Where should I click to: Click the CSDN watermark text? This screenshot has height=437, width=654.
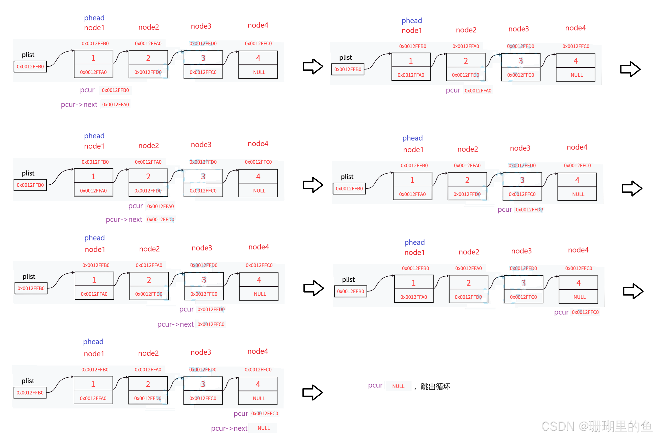point(596,426)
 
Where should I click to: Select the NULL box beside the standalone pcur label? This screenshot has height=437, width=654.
point(398,386)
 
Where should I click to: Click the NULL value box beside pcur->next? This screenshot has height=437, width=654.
point(263,428)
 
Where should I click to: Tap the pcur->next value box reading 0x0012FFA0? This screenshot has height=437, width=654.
point(116,105)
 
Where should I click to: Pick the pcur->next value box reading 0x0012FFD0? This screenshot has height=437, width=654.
point(161,220)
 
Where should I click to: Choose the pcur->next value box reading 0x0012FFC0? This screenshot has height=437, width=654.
point(211,324)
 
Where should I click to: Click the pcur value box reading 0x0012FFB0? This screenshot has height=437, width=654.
point(115,90)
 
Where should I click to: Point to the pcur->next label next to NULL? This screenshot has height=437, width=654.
point(229,428)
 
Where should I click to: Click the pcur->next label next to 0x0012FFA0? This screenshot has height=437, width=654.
point(79,105)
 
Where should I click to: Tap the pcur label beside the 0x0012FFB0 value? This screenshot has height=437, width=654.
point(87,90)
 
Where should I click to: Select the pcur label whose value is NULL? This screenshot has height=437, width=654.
point(375,385)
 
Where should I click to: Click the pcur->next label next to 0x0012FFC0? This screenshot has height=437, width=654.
point(175,324)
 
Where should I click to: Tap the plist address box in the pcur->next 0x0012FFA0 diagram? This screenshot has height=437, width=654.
point(30,67)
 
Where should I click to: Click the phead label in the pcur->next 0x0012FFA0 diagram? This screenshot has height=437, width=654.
point(94,18)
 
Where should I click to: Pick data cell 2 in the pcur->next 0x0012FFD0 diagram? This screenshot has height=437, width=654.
point(148,176)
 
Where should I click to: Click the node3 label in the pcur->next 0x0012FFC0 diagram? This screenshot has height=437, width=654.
point(202,248)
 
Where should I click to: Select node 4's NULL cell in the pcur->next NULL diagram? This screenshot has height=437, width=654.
point(259,398)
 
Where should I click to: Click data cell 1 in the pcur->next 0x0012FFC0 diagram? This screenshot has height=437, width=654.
point(94,280)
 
